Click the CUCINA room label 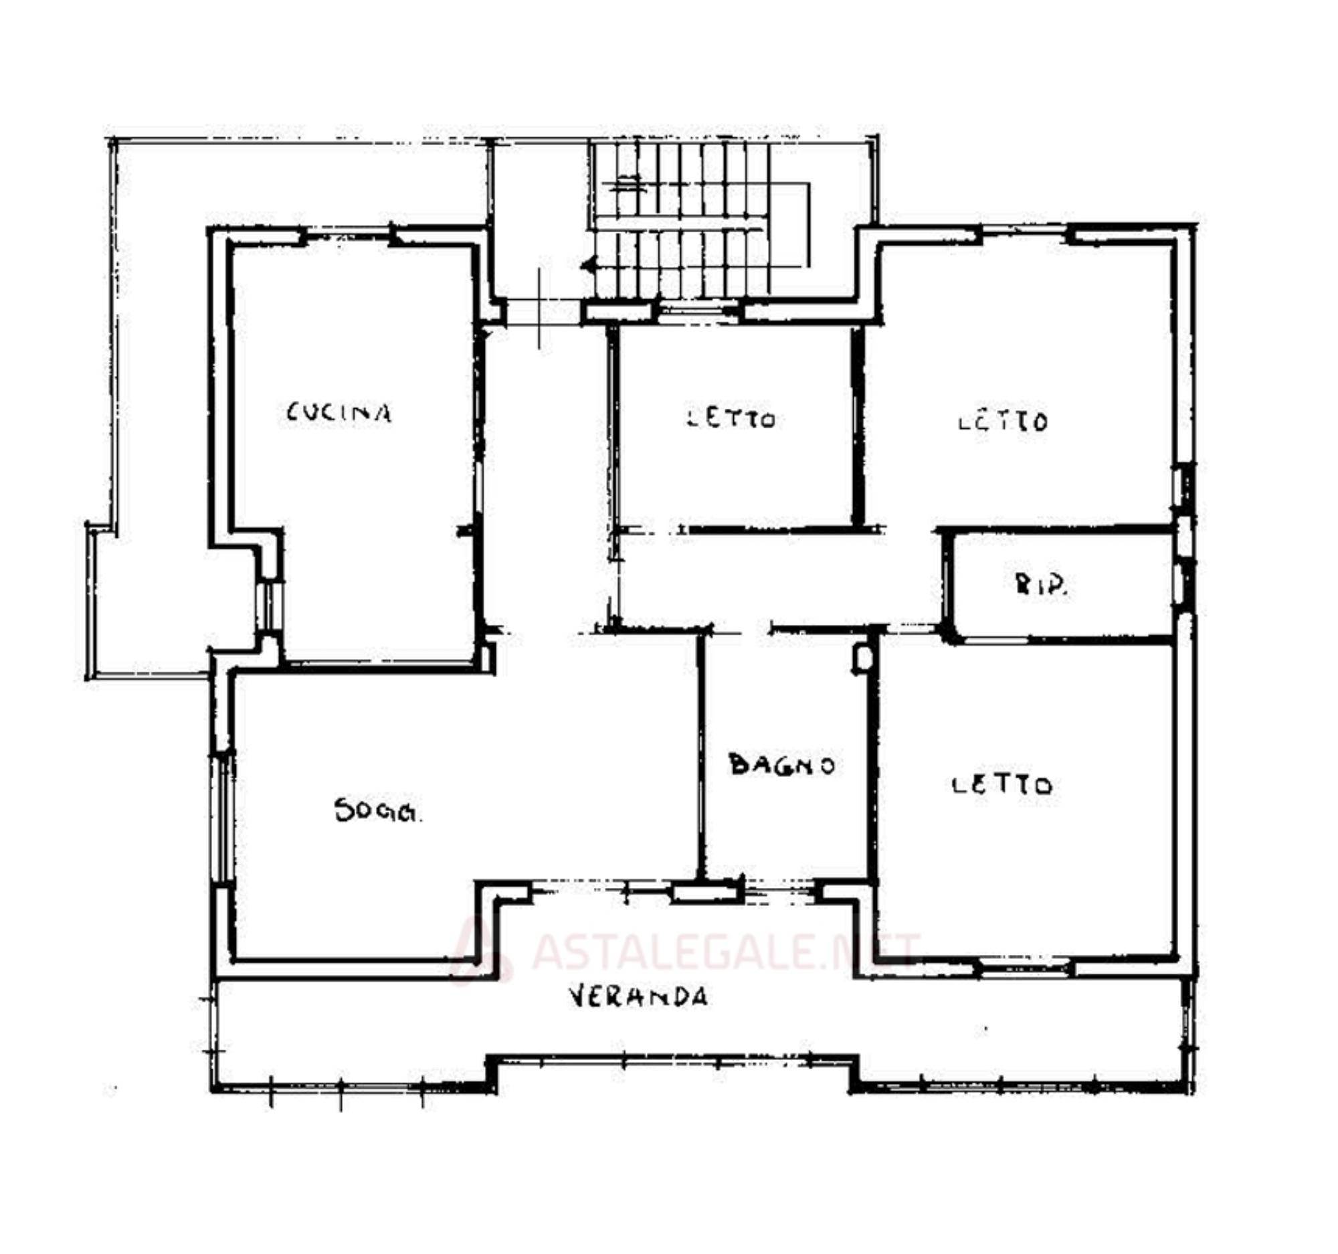pos(339,413)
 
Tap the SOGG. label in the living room pos(378,810)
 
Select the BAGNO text pos(782,766)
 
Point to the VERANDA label pos(639,996)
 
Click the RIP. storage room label pos(1041,586)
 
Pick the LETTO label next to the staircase pos(731,418)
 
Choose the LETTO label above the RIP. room pos(1003,422)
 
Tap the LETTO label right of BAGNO pos(1003,785)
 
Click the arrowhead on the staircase pos(589,266)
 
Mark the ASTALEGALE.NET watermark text pos(726,950)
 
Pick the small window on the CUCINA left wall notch pos(268,605)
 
